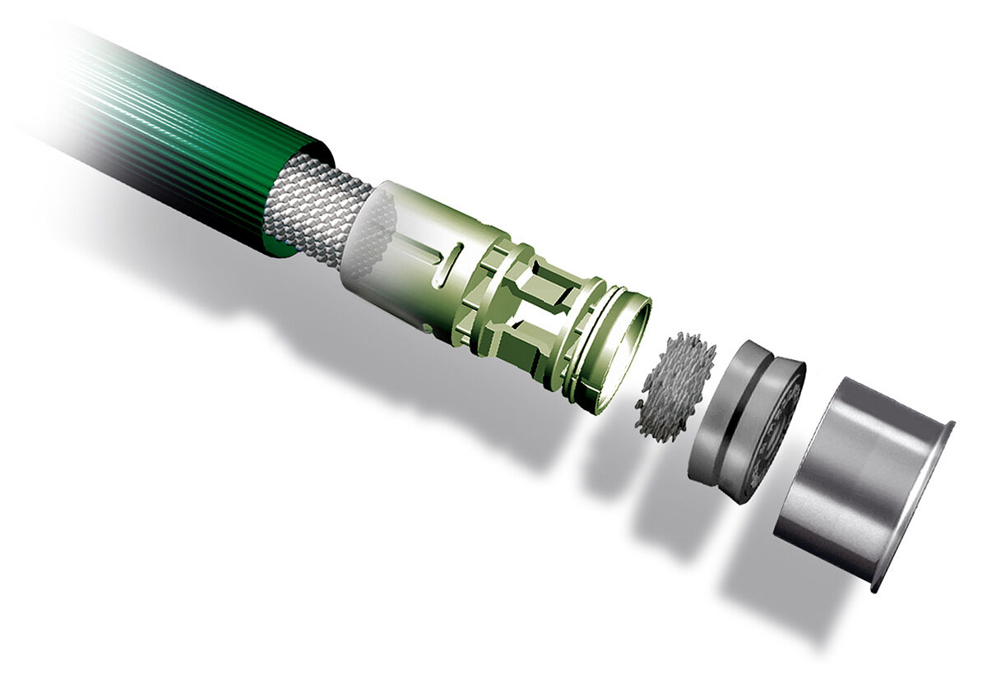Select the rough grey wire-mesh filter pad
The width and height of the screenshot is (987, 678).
point(674,386)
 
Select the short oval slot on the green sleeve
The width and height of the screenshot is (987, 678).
point(448,263)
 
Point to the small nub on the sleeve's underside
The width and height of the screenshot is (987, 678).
point(428,329)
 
